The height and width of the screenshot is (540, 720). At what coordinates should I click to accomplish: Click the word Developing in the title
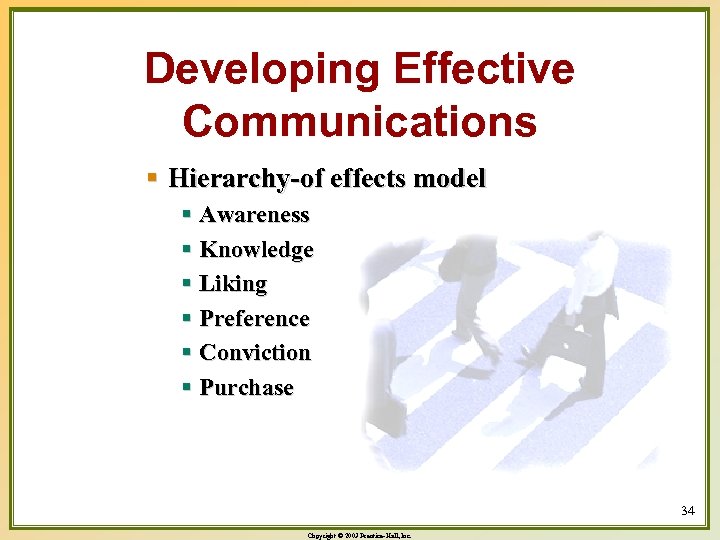262,70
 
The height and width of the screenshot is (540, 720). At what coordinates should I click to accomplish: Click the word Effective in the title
484,70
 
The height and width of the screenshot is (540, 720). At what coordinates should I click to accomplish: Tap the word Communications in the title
360,121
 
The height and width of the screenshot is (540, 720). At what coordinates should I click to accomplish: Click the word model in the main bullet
449,179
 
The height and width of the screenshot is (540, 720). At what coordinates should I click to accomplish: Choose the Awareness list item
255,215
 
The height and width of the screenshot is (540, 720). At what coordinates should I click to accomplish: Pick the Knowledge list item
257,250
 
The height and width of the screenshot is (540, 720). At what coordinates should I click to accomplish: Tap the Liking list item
234,284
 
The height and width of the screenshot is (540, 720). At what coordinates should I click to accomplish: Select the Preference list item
255,319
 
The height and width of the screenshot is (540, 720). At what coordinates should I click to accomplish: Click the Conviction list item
255,353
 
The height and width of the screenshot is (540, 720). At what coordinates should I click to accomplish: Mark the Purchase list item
247,388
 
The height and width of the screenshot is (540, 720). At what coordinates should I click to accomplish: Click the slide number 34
687,511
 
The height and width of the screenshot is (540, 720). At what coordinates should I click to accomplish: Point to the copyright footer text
359,536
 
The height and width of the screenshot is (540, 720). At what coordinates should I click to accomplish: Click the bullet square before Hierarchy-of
153,179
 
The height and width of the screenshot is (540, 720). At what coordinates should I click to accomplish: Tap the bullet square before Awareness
187,215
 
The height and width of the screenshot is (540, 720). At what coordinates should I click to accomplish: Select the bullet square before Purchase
187,388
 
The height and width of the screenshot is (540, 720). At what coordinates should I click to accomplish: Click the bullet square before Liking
187,284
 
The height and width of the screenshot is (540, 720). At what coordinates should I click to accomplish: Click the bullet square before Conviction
187,353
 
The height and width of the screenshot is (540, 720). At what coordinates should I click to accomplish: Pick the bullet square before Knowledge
187,250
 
